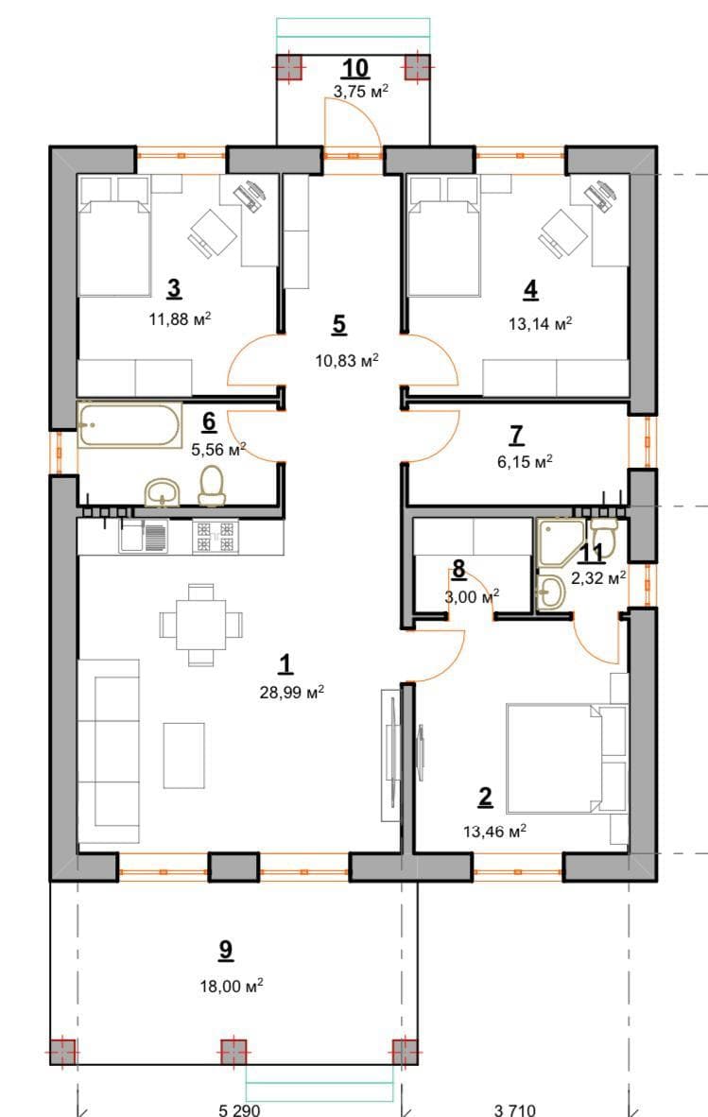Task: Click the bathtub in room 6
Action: pyautogui.click(x=129, y=425)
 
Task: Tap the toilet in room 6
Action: pyautogui.click(x=212, y=485)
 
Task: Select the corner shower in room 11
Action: pyautogui.click(x=560, y=541)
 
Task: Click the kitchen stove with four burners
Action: pyautogui.click(x=216, y=537)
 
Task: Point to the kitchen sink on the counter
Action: pyautogui.click(x=145, y=536)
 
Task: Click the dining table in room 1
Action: pyautogui.click(x=200, y=625)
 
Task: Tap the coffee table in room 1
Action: pyautogui.click(x=183, y=755)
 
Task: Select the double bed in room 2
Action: pyautogui.click(x=566, y=758)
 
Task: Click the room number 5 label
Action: pyautogui.click(x=339, y=324)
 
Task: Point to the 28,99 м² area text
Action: pyautogui.click(x=292, y=692)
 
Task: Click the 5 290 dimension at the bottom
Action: pyautogui.click(x=239, y=1109)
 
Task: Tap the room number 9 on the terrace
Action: pyautogui.click(x=226, y=950)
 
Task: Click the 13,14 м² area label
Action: pyautogui.click(x=541, y=324)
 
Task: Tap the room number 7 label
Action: pyautogui.click(x=517, y=434)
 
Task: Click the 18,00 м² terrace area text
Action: pyautogui.click(x=232, y=987)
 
